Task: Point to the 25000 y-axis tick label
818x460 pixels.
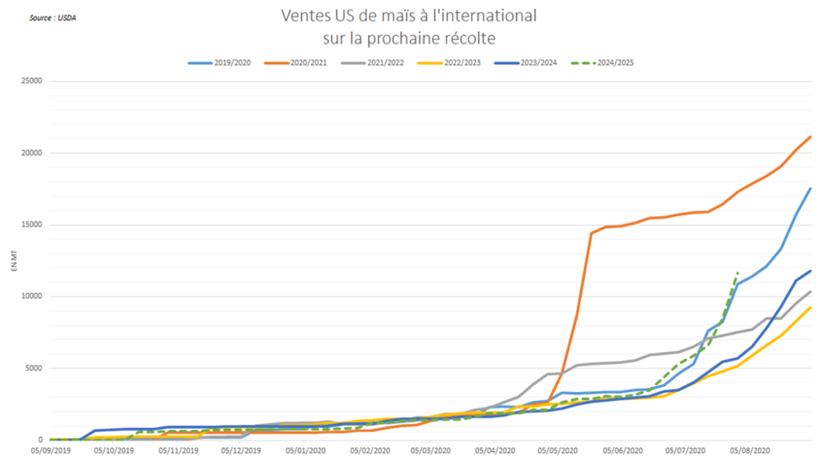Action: coord(30,81)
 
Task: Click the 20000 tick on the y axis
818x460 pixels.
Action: coord(30,153)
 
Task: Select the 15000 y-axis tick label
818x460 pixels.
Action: coord(30,225)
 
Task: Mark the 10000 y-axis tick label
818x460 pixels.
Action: coord(30,296)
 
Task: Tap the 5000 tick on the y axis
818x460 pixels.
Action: coord(33,368)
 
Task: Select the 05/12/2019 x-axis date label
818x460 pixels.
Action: coord(241,450)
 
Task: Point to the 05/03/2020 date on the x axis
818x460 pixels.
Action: coord(430,450)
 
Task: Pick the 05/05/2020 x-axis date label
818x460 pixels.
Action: coord(558,450)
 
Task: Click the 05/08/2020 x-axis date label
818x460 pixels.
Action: coord(749,450)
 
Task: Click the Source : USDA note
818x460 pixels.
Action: coord(51,16)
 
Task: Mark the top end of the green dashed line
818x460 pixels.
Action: coord(738,272)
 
